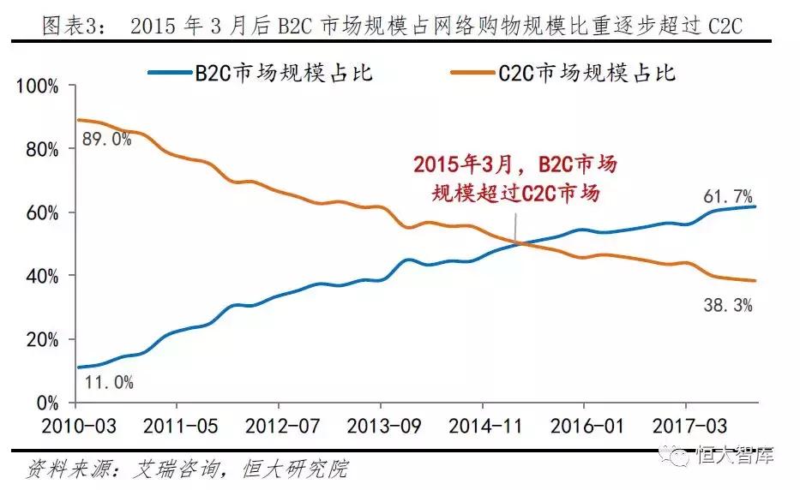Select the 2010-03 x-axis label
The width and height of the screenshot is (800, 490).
click(76, 424)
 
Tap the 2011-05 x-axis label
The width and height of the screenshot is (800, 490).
click(177, 424)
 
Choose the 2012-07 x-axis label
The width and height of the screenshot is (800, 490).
click(279, 424)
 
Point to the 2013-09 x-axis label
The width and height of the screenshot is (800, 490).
click(381, 424)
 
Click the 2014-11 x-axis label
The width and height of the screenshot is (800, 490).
click(483, 424)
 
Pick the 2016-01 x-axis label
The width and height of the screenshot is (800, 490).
click(584, 424)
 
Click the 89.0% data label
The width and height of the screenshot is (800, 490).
click(106, 139)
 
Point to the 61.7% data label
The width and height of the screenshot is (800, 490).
click(728, 197)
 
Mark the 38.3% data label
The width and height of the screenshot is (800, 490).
click(728, 305)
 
